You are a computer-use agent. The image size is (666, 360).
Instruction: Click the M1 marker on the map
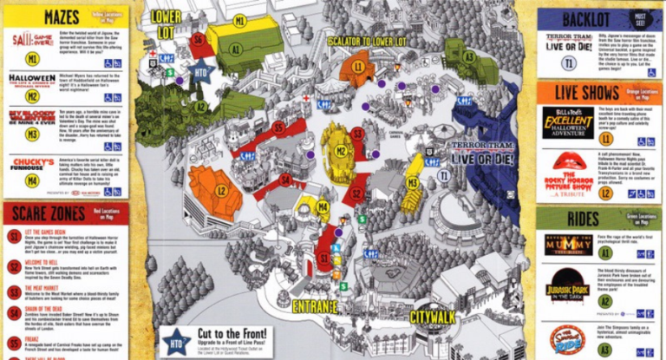coord(240,20)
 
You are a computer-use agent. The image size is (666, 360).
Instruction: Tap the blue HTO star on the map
coord(200,73)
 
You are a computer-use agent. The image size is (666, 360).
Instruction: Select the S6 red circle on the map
coord(199,40)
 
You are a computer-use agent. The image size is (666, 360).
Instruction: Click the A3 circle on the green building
coord(468,56)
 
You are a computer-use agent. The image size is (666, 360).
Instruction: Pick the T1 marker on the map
coord(443,175)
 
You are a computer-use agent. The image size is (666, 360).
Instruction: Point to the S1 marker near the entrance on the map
coord(323,258)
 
